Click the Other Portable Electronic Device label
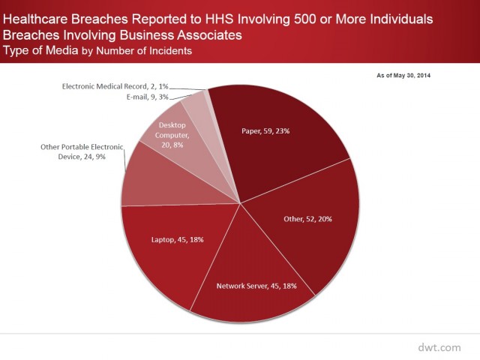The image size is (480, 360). click(x=81, y=151)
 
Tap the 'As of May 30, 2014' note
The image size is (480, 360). click(x=403, y=75)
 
